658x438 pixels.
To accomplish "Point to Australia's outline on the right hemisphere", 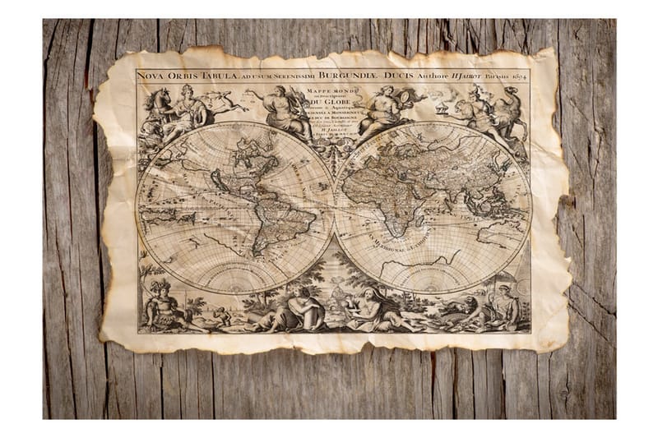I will pyautogui.click(x=502, y=234).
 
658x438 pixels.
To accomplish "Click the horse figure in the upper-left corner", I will pyautogui.click(x=157, y=104).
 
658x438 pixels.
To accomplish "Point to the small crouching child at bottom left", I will pyautogui.click(x=220, y=316).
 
